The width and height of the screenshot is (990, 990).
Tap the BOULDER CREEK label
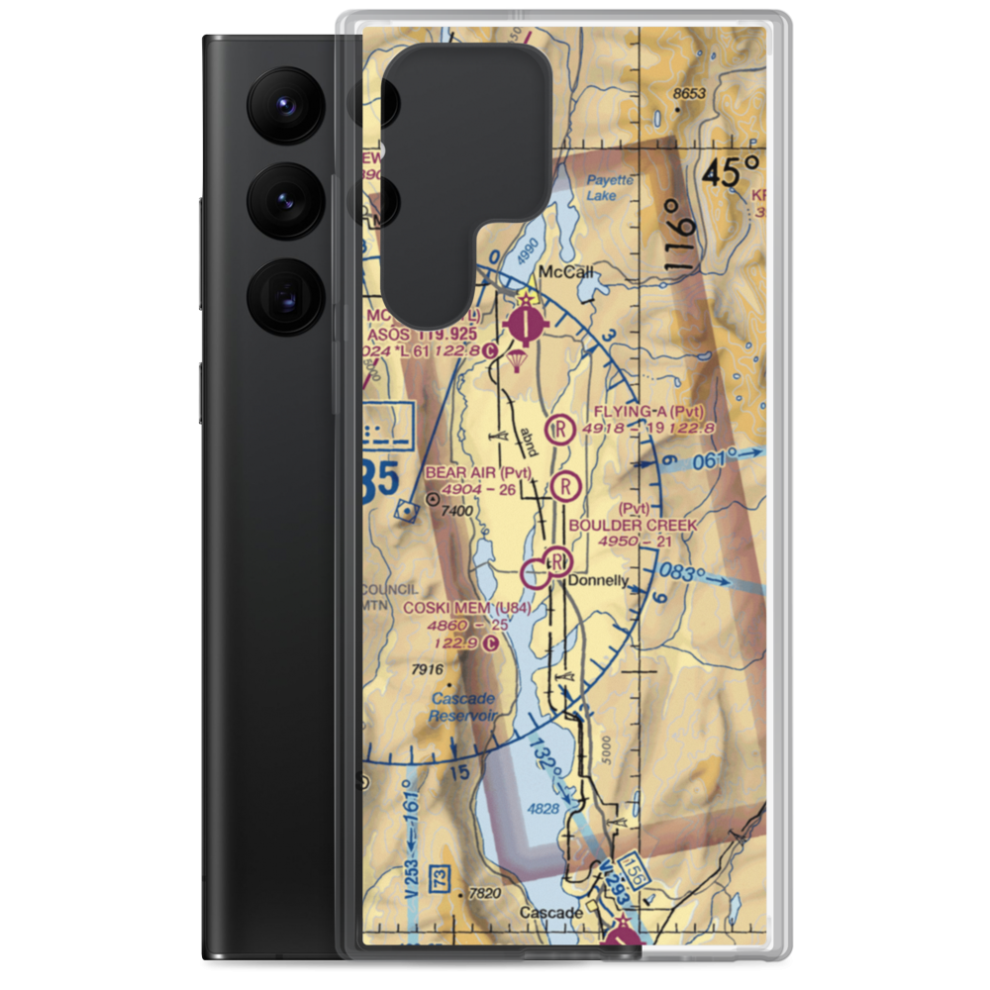pyautogui.click(x=646, y=525)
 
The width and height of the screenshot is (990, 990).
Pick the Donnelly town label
pyautogui.click(x=598, y=582)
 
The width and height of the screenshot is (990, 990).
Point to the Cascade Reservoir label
pyautogui.click(x=462, y=706)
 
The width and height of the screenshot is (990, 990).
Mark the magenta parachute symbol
pyautogui.click(x=517, y=360)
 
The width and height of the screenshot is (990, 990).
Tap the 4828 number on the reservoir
pyautogui.click(x=544, y=810)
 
